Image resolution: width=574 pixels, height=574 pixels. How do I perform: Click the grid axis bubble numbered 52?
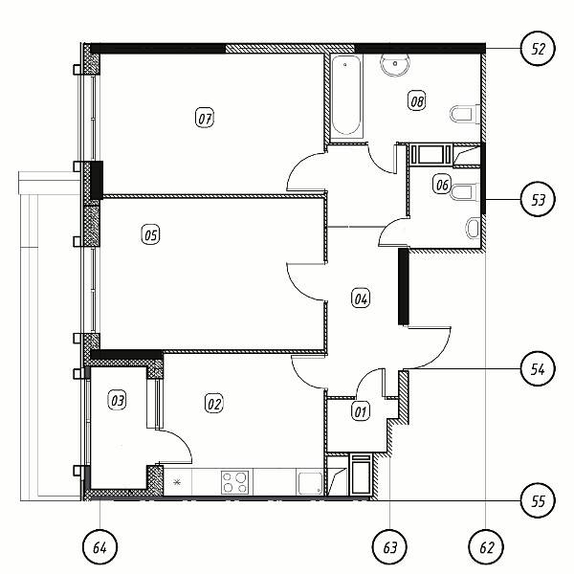click(538, 49)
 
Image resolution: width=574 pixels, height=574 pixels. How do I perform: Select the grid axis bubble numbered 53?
click(538, 200)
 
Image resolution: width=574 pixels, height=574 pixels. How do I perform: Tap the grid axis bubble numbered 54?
click(538, 368)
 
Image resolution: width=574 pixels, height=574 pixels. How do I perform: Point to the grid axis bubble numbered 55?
click(538, 500)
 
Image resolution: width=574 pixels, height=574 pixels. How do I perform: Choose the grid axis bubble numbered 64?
click(99, 547)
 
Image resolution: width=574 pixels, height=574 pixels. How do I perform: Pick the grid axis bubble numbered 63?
click(390, 547)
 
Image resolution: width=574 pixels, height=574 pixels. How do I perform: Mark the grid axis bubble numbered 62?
click(486, 547)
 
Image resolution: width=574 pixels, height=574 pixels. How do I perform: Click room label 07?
click(205, 118)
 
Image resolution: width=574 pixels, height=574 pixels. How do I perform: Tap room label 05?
click(150, 234)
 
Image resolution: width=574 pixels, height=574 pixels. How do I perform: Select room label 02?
click(213, 404)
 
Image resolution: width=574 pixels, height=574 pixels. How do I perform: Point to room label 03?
click(118, 400)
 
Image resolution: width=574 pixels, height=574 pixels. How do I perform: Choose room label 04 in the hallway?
click(361, 298)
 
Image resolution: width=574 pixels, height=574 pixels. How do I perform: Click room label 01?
click(361, 411)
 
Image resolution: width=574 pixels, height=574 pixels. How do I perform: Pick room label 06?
click(442, 184)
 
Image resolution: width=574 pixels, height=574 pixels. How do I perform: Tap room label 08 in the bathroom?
click(417, 100)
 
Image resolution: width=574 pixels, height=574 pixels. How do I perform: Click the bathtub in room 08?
click(346, 96)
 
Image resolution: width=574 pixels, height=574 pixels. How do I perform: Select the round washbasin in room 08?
click(395, 65)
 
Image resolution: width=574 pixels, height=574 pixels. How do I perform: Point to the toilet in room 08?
click(465, 114)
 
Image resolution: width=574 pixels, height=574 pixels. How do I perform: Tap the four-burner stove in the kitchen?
click(234, 482)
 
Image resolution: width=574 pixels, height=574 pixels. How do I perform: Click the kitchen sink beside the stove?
click(310, 483)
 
